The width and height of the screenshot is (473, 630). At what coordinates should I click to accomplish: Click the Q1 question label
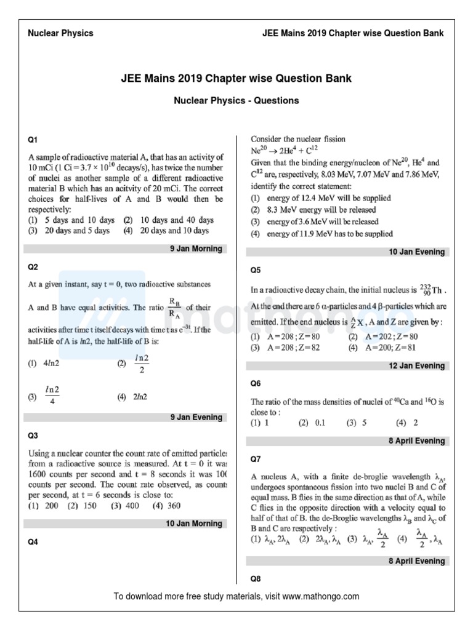point(33,140)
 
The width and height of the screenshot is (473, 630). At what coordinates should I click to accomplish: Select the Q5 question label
point(255,269)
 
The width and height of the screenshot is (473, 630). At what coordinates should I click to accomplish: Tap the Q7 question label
point(255,459)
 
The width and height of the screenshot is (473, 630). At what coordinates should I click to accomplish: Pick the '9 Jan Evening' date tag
point(196,417)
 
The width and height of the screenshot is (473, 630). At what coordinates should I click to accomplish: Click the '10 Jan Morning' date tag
point(194,524)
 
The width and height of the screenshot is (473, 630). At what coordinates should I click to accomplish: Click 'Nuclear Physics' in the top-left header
point(61,33)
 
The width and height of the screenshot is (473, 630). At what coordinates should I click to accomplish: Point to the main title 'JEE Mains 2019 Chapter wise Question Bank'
point(236,79)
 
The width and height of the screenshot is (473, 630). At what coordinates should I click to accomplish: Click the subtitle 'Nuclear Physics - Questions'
point(236,100)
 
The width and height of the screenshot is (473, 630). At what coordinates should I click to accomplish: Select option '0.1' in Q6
point(320,423)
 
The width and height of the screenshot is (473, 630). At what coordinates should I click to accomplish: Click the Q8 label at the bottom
point(255,579)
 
